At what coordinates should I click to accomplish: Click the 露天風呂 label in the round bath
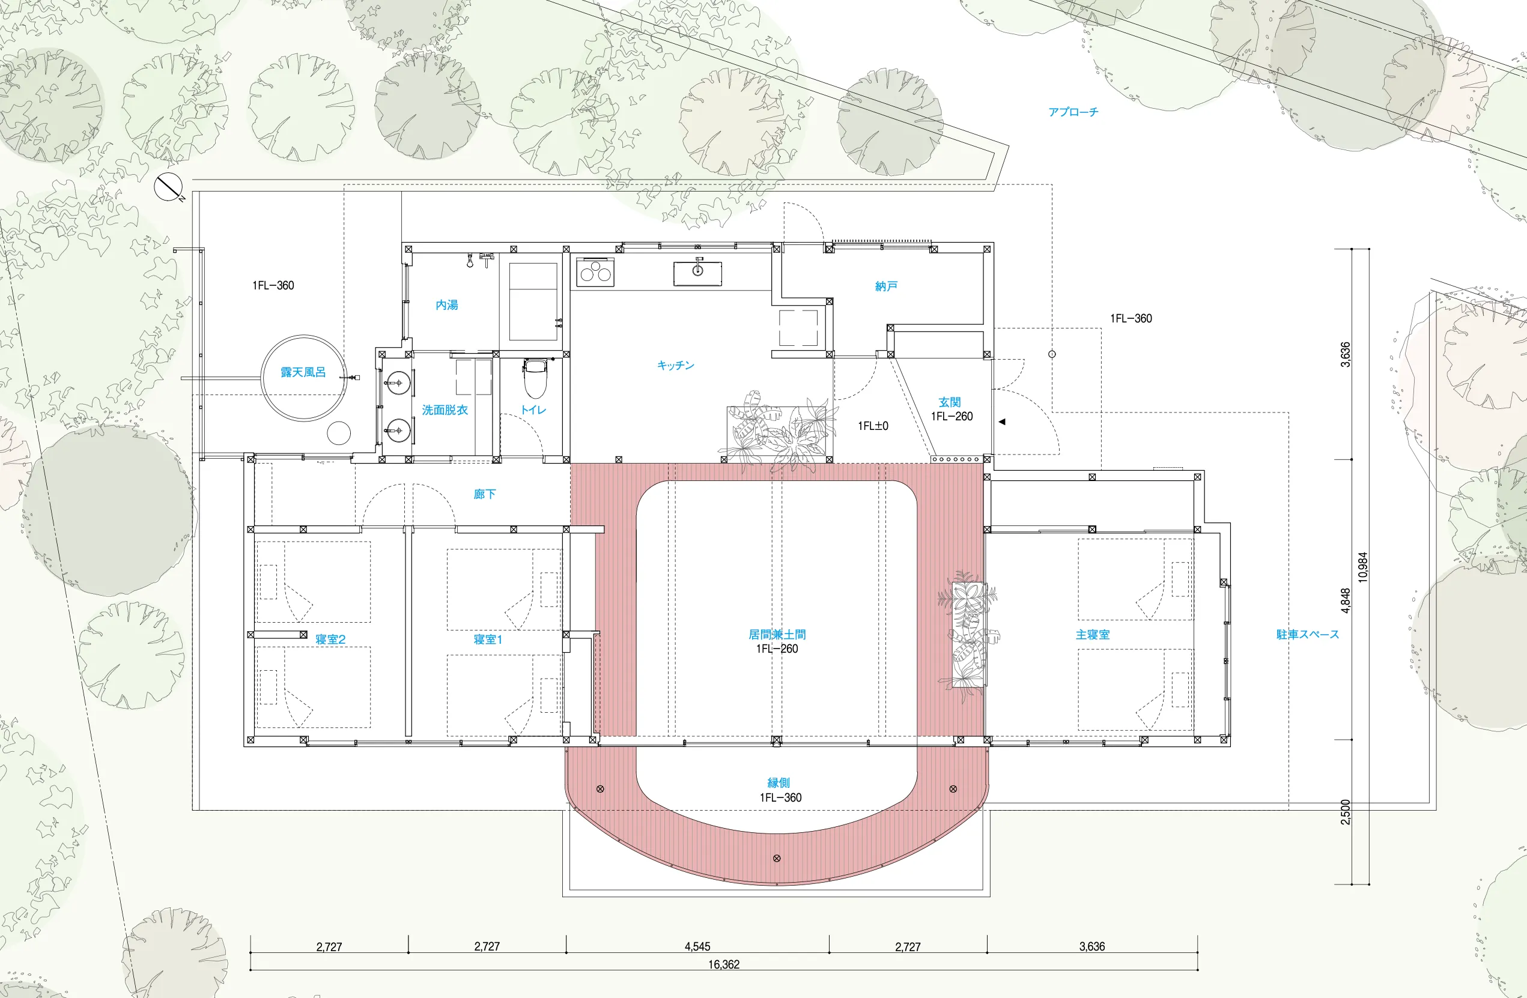pos(303,372)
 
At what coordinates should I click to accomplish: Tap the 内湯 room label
pos(446,304)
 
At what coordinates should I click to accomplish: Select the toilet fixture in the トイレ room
pos(535,378)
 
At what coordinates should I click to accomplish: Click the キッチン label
pos(676,365)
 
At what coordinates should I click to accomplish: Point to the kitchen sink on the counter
pos(697,273)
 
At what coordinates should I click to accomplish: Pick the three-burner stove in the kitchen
pos(595,273)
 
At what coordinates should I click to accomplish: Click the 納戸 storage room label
pos(886,286)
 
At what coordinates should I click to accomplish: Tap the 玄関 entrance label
pos(950,402)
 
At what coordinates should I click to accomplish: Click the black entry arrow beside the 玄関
pos(1001,422)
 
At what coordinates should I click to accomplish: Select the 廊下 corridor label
pos(484,494)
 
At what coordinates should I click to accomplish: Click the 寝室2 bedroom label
pos(330,639)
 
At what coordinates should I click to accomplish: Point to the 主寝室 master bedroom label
pos(1093,634)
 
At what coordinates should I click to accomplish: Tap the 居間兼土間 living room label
pos(777,634)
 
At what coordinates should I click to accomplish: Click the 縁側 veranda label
pos(779,782)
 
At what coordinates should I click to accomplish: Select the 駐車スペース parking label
pos(1308,634)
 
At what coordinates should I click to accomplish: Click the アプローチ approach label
pos(1073,112)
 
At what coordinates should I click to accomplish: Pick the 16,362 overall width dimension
pos(724,964)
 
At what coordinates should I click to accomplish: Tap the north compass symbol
pos(168,187)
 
